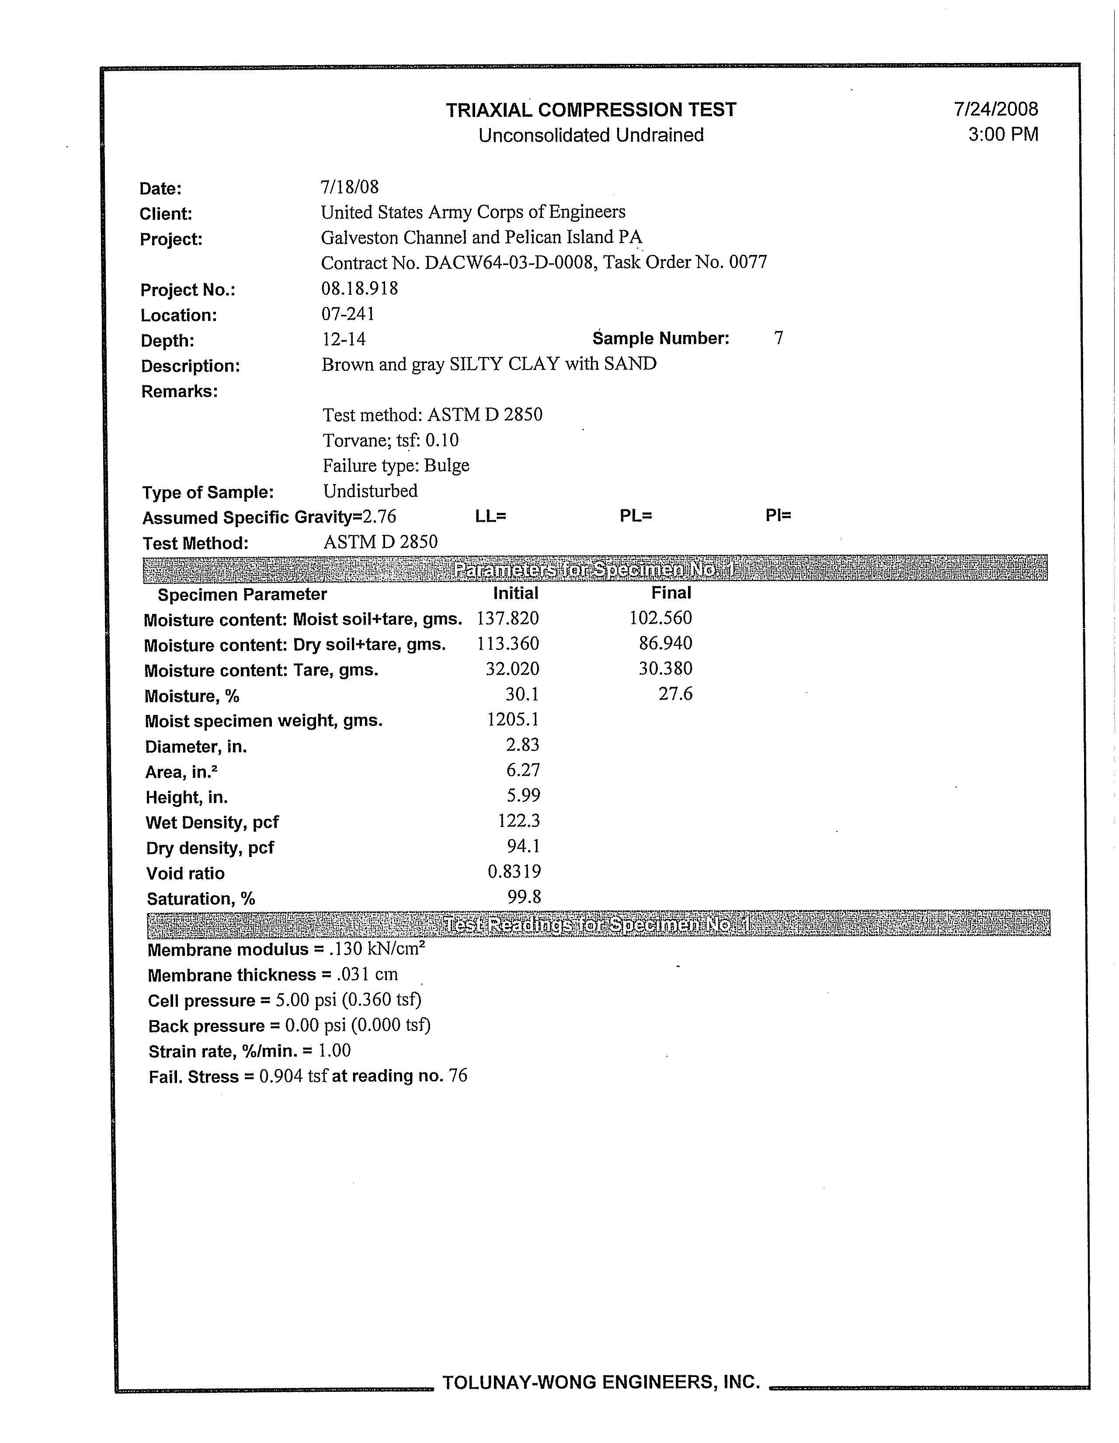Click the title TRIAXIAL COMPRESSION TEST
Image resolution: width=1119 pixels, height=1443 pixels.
click(x=591, y=110)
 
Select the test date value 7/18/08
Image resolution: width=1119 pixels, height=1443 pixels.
click(x=349, y=187)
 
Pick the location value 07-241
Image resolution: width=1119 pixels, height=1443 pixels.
click(x=348, y=314)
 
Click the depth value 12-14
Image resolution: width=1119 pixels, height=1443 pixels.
click(x=344, y=340)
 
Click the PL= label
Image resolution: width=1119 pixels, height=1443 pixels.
click(x=636, y=516)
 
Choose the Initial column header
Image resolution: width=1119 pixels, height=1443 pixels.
click(x=515, y=593)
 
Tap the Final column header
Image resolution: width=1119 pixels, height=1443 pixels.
click(x=671, y=593)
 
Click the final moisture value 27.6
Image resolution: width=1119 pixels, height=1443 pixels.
click(x=675, y=694)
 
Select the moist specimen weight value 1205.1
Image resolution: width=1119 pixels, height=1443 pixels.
click(x=513, y=719)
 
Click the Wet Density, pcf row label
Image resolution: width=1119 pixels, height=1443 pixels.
click(x=212, y=823)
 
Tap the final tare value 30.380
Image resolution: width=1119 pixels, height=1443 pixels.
click(x=665, y=669)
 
